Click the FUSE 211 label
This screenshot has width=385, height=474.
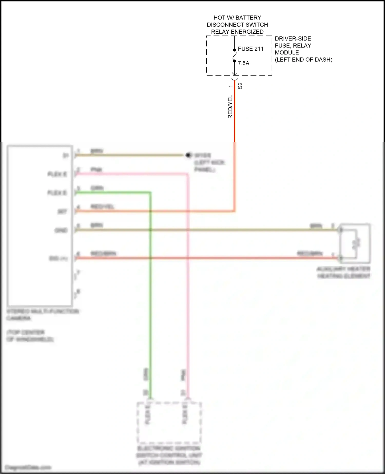click(x=251, y=49)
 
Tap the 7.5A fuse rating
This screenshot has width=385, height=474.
click(x=243, y=63)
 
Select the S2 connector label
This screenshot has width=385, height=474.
click(x=240, y=86)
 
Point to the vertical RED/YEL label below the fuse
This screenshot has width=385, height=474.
click(x=230, y=107)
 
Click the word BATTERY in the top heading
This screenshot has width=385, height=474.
click(x=248, y=18)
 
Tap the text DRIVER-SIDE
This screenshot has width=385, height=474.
click(x=293, y=39)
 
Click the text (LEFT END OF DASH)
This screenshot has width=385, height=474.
click(x=303, y=60)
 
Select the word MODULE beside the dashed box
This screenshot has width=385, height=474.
click(x=287, y=53)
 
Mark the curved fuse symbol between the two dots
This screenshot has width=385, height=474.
click(x=234, y=55)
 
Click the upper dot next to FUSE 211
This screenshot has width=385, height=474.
click(x=234, y=50)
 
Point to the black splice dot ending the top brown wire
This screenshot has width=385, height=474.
click(x=188, y=155)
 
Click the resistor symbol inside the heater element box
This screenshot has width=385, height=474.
click(x=357, y=243)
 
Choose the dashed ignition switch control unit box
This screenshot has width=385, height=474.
click(x=169, y=423)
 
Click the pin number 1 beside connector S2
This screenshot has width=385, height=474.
click(x=230, y=86)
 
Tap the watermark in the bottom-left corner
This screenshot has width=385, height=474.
click(x=28, y=467)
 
